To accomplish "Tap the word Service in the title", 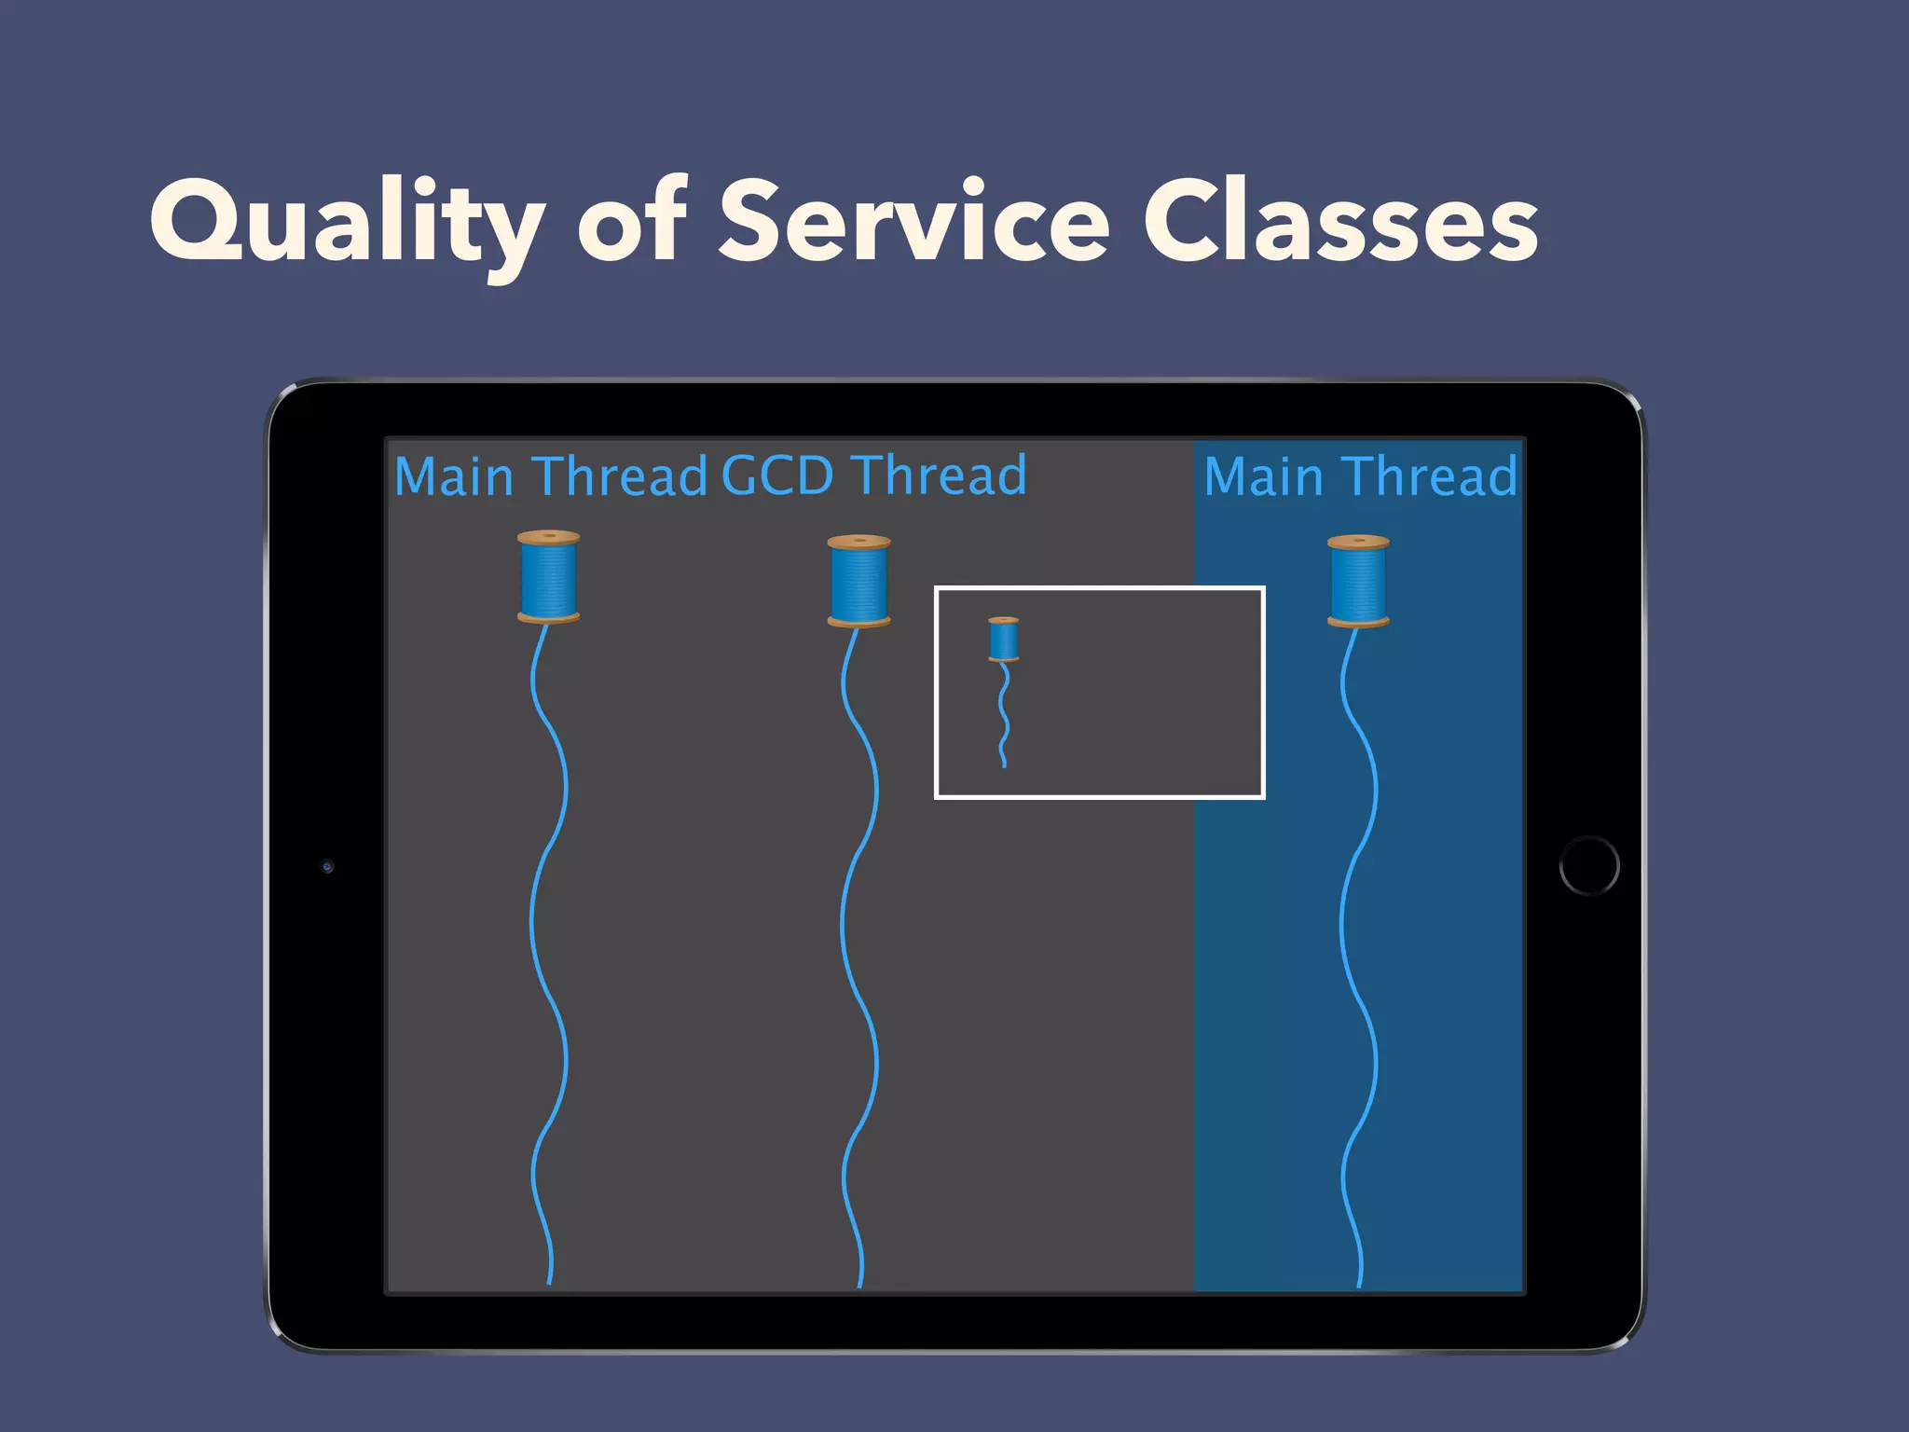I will point(913,222).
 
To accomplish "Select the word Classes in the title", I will point(1340,222).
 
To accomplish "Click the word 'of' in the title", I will point(632,222).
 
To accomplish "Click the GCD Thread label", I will point(873,475).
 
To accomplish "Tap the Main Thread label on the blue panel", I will point(1360,476).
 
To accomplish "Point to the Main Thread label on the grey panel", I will point(550,476).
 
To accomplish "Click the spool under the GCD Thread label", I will point(858,581).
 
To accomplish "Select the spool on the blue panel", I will point(1358,581).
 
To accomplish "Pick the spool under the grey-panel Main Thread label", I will point(548,577).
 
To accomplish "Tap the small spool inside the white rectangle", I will point(1004,640).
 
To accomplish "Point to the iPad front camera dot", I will point(327,866).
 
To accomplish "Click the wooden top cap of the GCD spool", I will point(858,541).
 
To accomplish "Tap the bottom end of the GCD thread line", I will point(859,1285).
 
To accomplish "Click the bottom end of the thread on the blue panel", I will point(1359,1285).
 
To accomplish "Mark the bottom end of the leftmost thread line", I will point(549,1282).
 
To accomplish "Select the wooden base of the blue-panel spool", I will point(1358,621).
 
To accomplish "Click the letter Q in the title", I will point(193,220).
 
